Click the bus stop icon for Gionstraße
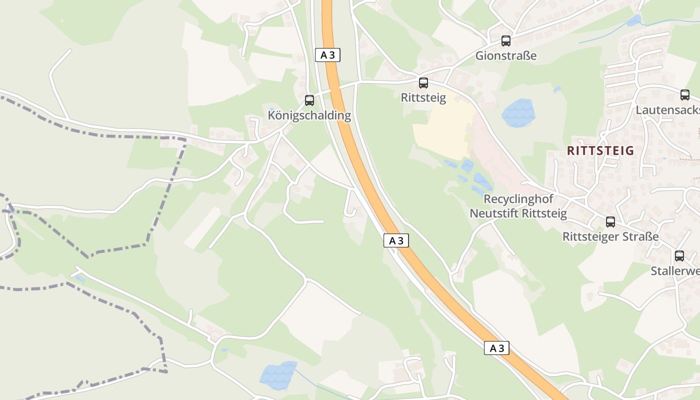click(506, 41)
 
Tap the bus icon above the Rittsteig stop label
click(423, 83)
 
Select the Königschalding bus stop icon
click(309, 100)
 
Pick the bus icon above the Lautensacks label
click(685, 95)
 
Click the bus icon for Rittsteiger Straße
click(610, 222)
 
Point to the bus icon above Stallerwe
click(679, 256)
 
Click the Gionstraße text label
click(505, 55)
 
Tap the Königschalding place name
click(309, 115)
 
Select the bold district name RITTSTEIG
click(600, 150)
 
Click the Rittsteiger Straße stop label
click(610, 236)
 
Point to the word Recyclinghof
click(518, 199)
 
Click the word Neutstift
click(493, 213)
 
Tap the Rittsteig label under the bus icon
click(423, 97)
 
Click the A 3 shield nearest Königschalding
click(327, 55)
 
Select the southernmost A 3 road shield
click(496, 348)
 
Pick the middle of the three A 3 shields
click(396, 240)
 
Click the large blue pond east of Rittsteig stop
click(518, 113)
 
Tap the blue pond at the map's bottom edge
click(278, 375)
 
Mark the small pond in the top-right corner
click(634, 20)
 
